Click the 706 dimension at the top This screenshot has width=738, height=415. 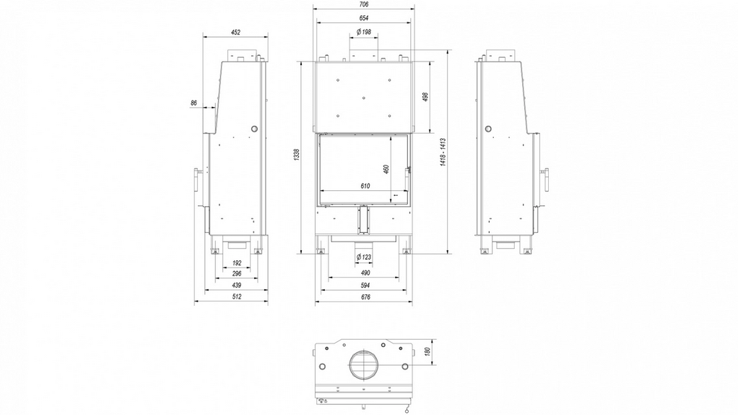click(363, 4)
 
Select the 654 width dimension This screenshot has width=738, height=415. click(363, 18)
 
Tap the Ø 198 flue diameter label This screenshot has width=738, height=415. click(364, 32)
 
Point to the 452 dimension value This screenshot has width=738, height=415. click(236, 33)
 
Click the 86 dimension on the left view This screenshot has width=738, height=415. click(194, 103)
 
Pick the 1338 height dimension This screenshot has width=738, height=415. click(296, 155)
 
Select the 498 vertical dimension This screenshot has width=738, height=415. click(425, 97)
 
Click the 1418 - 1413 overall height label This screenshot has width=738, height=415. click(443, 152)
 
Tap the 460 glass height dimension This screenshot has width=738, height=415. click(386, 169)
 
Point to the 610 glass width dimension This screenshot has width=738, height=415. click(365, 186)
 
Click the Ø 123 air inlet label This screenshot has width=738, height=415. click(364, 257)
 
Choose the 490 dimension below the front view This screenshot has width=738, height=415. click(365, 273)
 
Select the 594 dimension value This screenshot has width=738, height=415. click(365, 285)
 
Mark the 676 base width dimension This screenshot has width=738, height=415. click(365, 297)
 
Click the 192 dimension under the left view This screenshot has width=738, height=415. click(237, 263)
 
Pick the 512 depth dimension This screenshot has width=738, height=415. click(237, 296)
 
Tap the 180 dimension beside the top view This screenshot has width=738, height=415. click(427, 351)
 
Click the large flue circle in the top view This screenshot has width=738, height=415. click(364, 364)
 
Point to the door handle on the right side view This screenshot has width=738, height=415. click(546, 179)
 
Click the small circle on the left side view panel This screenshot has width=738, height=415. click(254, 129)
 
